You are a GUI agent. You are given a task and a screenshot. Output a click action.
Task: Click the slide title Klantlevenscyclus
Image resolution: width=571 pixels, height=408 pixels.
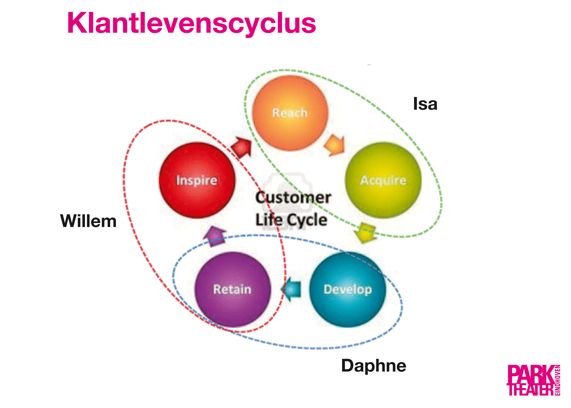[191, 23]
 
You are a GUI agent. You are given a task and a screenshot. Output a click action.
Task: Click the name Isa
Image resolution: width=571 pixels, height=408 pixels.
[425, 104]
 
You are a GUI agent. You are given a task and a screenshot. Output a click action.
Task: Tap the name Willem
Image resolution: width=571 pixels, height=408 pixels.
[89, 221]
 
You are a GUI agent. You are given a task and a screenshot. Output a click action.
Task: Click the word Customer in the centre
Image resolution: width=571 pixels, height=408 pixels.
[293, 198]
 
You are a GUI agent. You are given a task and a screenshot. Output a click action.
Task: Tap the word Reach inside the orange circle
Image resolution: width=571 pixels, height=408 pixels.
[290, 113]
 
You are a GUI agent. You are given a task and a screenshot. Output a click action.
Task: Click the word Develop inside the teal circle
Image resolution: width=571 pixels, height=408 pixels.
[348, 289]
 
